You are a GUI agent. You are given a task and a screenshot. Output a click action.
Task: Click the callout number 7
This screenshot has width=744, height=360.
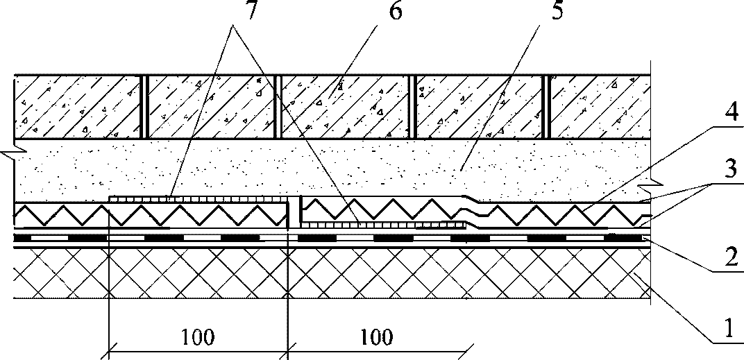[250, 10]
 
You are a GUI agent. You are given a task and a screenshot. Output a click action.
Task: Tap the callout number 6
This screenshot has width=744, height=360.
[394, 10]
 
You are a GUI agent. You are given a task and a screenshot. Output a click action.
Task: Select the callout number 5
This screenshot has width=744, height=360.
[557, 10]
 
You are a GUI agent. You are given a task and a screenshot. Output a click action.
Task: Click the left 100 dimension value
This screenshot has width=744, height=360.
[197, 337]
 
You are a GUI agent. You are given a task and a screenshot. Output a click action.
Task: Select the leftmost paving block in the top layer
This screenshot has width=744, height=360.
[78, 107]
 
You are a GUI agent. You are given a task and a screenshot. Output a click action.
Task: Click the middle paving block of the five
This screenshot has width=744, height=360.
[344, 107]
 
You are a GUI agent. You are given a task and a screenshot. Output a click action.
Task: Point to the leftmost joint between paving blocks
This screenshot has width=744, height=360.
[145, 107]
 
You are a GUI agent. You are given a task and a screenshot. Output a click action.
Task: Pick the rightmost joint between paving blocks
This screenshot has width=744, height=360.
[548, 107]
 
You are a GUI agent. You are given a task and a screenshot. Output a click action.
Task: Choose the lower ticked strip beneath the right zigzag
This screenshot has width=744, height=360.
[383, 225]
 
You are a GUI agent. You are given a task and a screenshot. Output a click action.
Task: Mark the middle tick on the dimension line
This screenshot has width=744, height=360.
[287, 352]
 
